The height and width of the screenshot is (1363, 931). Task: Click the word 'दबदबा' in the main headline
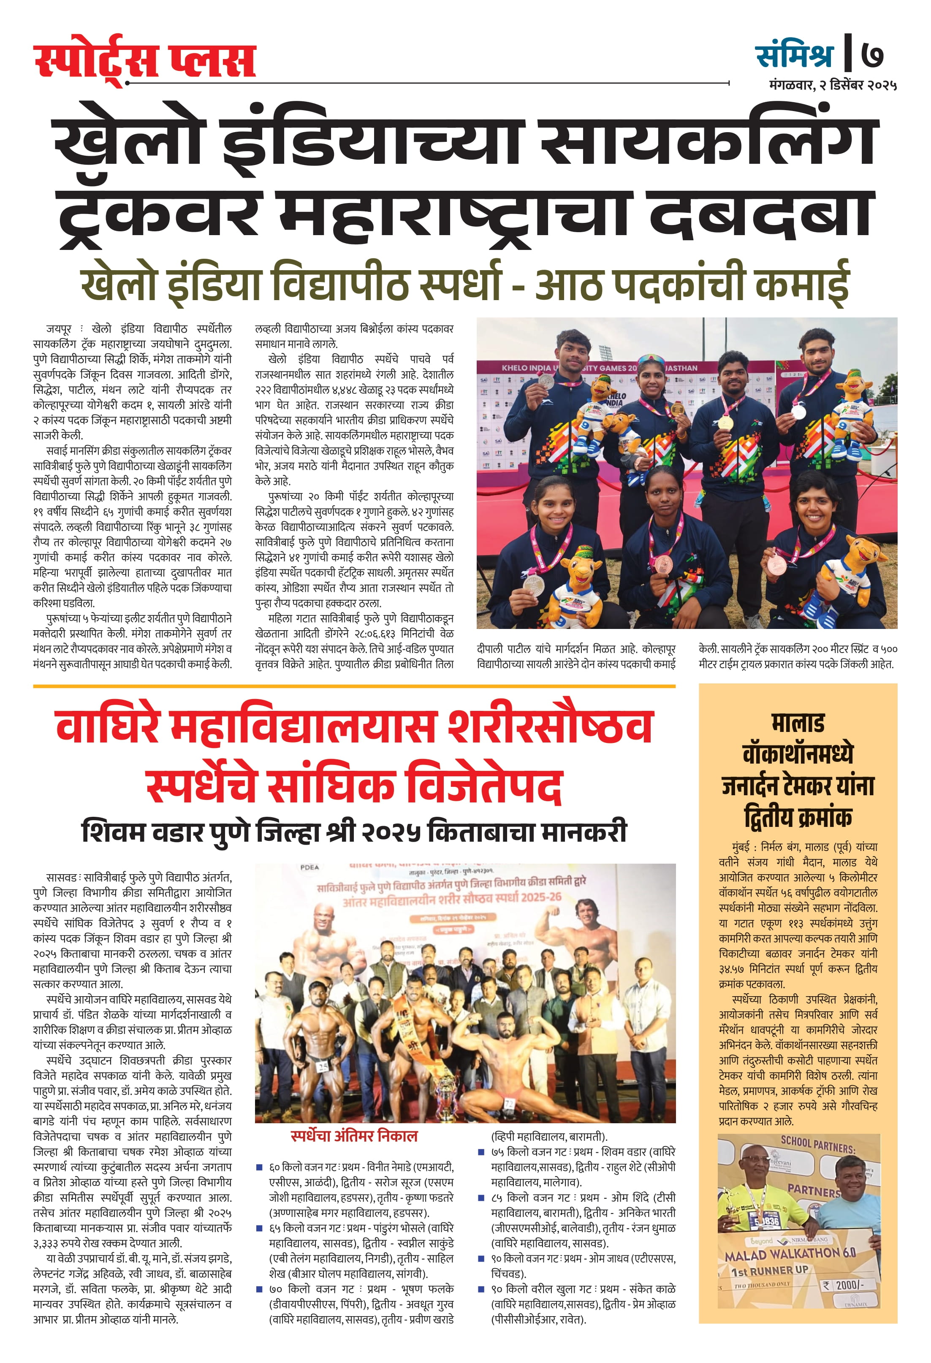761,214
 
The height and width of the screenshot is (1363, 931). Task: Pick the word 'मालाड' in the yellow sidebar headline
798,723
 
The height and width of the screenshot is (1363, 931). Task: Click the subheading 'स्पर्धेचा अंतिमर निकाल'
354,1136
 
